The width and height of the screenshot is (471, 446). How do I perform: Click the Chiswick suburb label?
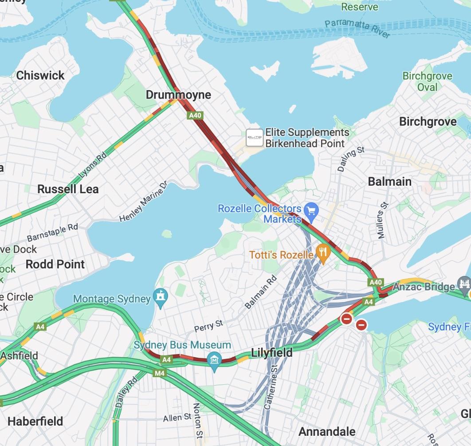pyautogui.click(x=40, y=76)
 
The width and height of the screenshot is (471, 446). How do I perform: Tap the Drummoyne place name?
pyautogui.click(x=178, y=95)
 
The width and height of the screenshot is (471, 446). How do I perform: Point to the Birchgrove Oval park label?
pyautogui.click(x=427, y=81)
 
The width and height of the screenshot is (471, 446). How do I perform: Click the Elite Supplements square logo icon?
pyautogui.click(x=255, y=138)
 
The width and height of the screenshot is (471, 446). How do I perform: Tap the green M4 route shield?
pyautogui.click(x=160, y=373)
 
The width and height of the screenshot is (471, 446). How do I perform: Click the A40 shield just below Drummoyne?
pyautogui.click(x=195, y=115)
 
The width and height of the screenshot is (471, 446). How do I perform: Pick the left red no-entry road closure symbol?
pyautogui.click(x=346, y=319)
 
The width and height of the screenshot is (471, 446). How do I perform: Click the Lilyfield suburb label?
pyautogui.click(x=272, y=353)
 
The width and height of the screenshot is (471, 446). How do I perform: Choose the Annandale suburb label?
pyautogui.click(x=327, y=431)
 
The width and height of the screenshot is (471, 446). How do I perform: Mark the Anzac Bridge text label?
pyautogui.click(x=424, y=287)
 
